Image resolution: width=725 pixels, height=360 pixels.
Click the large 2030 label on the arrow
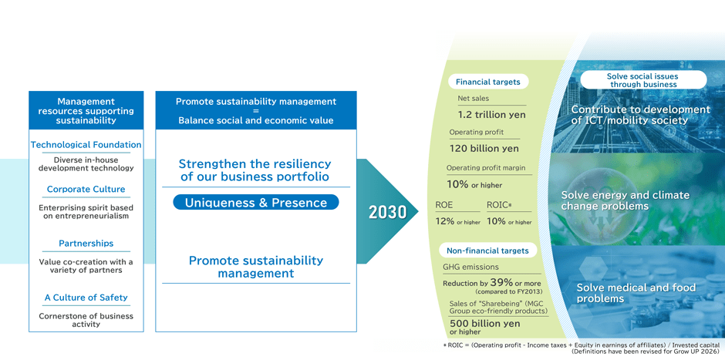387,212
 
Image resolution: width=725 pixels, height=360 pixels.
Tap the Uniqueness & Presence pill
255,203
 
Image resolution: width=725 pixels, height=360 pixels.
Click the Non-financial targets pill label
487,251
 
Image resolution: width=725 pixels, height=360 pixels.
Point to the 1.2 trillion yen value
491,115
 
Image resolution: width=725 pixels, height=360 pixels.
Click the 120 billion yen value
484,148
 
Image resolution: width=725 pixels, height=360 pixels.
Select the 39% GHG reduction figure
501,282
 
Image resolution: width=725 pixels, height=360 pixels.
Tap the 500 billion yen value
484,324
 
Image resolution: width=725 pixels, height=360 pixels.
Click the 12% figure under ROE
445,220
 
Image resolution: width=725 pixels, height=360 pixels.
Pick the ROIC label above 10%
499,205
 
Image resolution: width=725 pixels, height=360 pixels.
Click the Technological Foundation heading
86,145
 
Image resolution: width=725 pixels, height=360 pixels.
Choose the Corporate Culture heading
86,190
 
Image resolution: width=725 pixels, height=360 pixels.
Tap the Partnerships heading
86,244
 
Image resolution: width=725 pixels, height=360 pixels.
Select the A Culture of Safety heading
86,298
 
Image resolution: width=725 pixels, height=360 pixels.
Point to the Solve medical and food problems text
636,293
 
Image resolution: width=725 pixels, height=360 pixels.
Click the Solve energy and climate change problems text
625,200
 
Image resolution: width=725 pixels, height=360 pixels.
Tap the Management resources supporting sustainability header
86,111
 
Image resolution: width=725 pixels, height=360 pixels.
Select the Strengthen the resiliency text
255,170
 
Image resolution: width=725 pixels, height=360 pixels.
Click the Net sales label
473,99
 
